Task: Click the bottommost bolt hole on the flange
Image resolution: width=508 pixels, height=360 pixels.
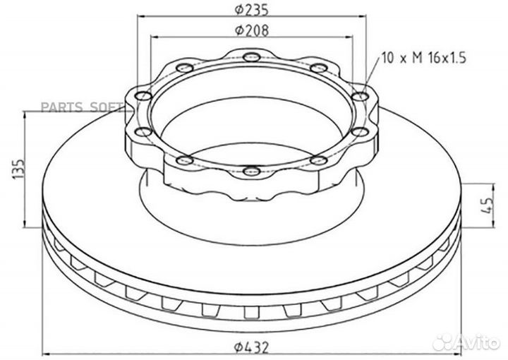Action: coord(249,170)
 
